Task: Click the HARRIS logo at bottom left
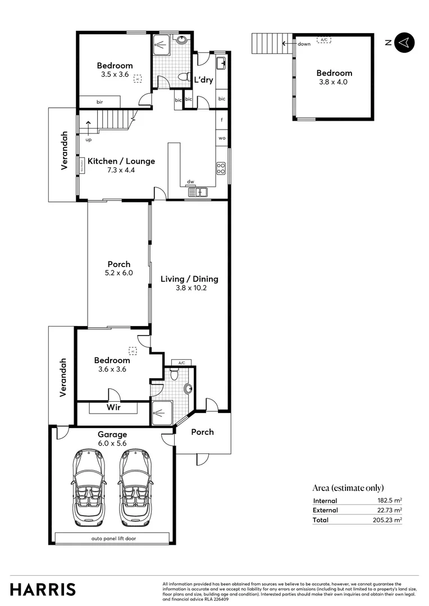[43, 590]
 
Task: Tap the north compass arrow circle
[404, 42]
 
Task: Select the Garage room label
[112, 434]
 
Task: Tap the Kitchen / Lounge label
[121, 161]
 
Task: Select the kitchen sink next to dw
[198, 192]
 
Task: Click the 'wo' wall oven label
[222, 137]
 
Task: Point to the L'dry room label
[203, 80]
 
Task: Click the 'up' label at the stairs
[89, 140]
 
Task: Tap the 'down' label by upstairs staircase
[304, 44]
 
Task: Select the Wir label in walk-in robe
[113, 407]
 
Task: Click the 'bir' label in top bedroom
[99, 102]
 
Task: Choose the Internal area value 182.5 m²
[391, 501]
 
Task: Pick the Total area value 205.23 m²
[390, 520]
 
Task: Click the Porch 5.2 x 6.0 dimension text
[119, 273]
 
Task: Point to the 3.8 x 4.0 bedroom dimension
[334, 82]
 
